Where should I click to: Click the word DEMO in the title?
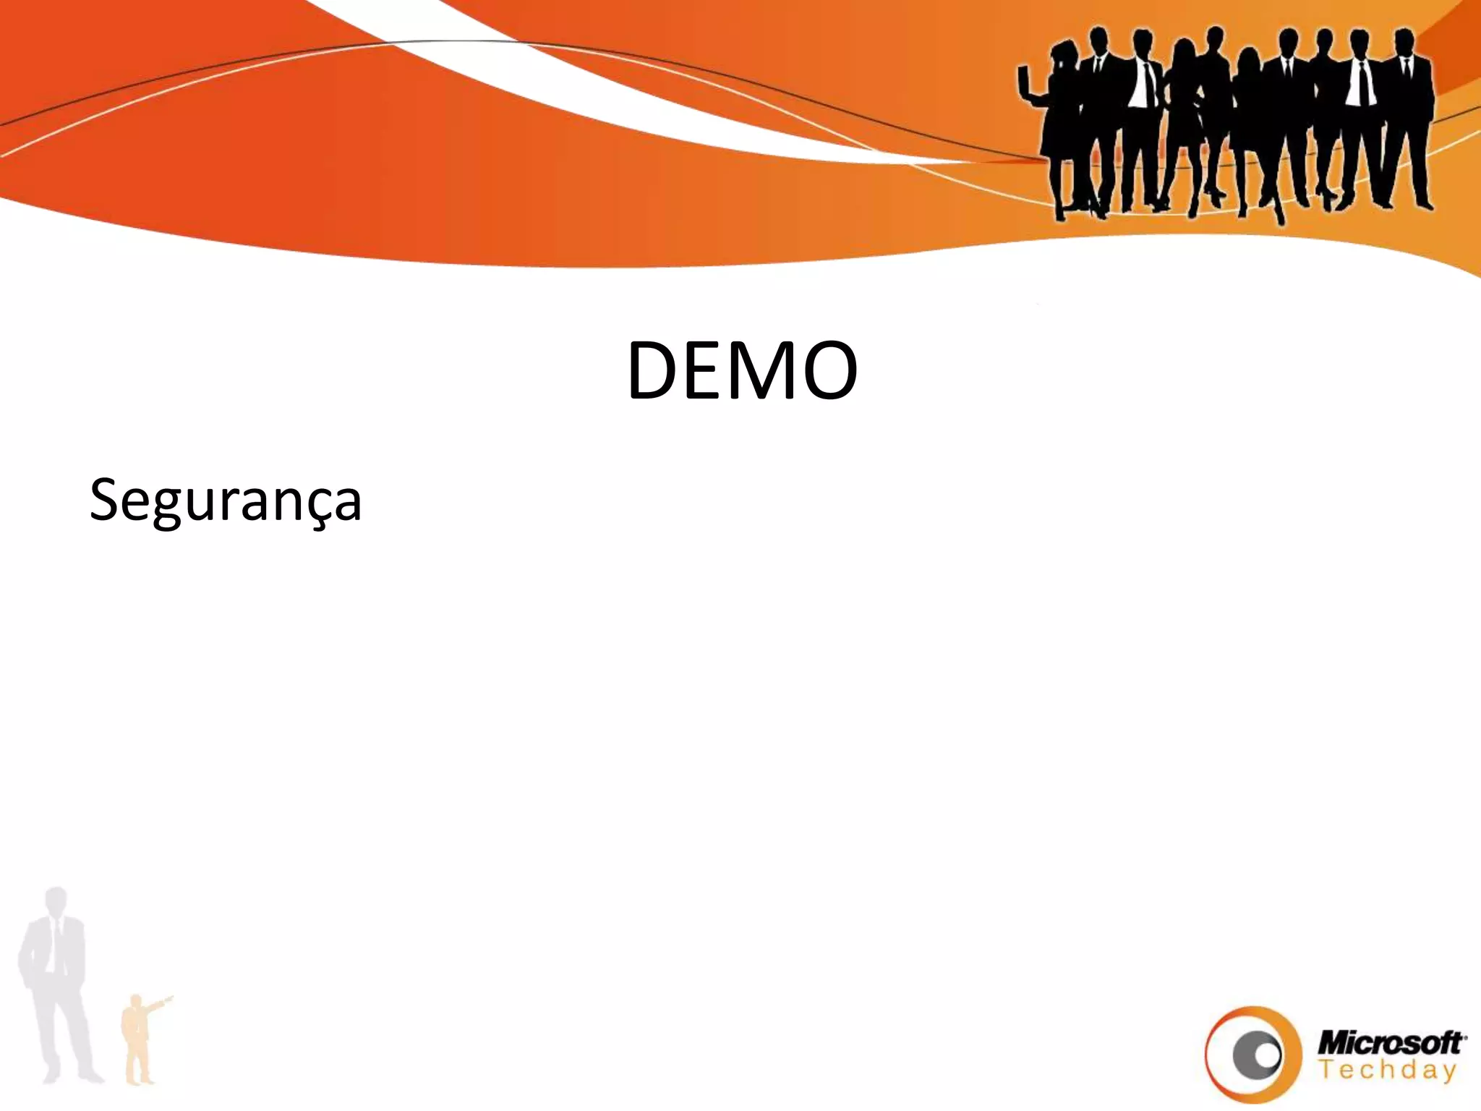[x=742, y=370]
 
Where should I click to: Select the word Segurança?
[x=225, y=501]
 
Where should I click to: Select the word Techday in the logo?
[x=1386, y=1070]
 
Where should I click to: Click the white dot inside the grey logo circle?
[x=1266, y=1054]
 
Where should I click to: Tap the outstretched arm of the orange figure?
[x=160, y=1003]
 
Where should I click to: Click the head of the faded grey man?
[x=55, y=901]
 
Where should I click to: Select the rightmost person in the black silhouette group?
[x=1407, y=116]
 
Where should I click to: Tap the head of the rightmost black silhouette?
[x=1404, y=41]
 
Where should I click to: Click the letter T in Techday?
[x=1325, y=1069]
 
